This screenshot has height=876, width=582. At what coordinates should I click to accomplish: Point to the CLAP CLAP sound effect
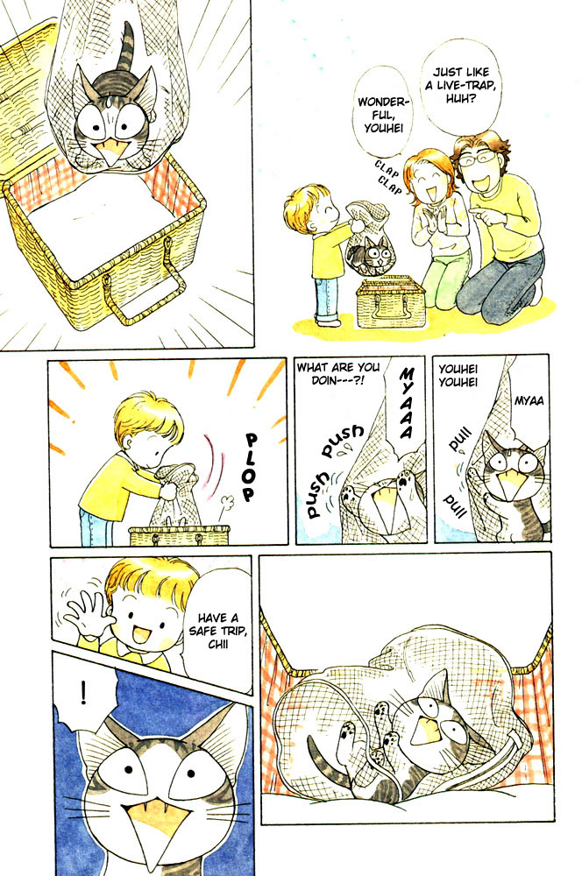point(387,173)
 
